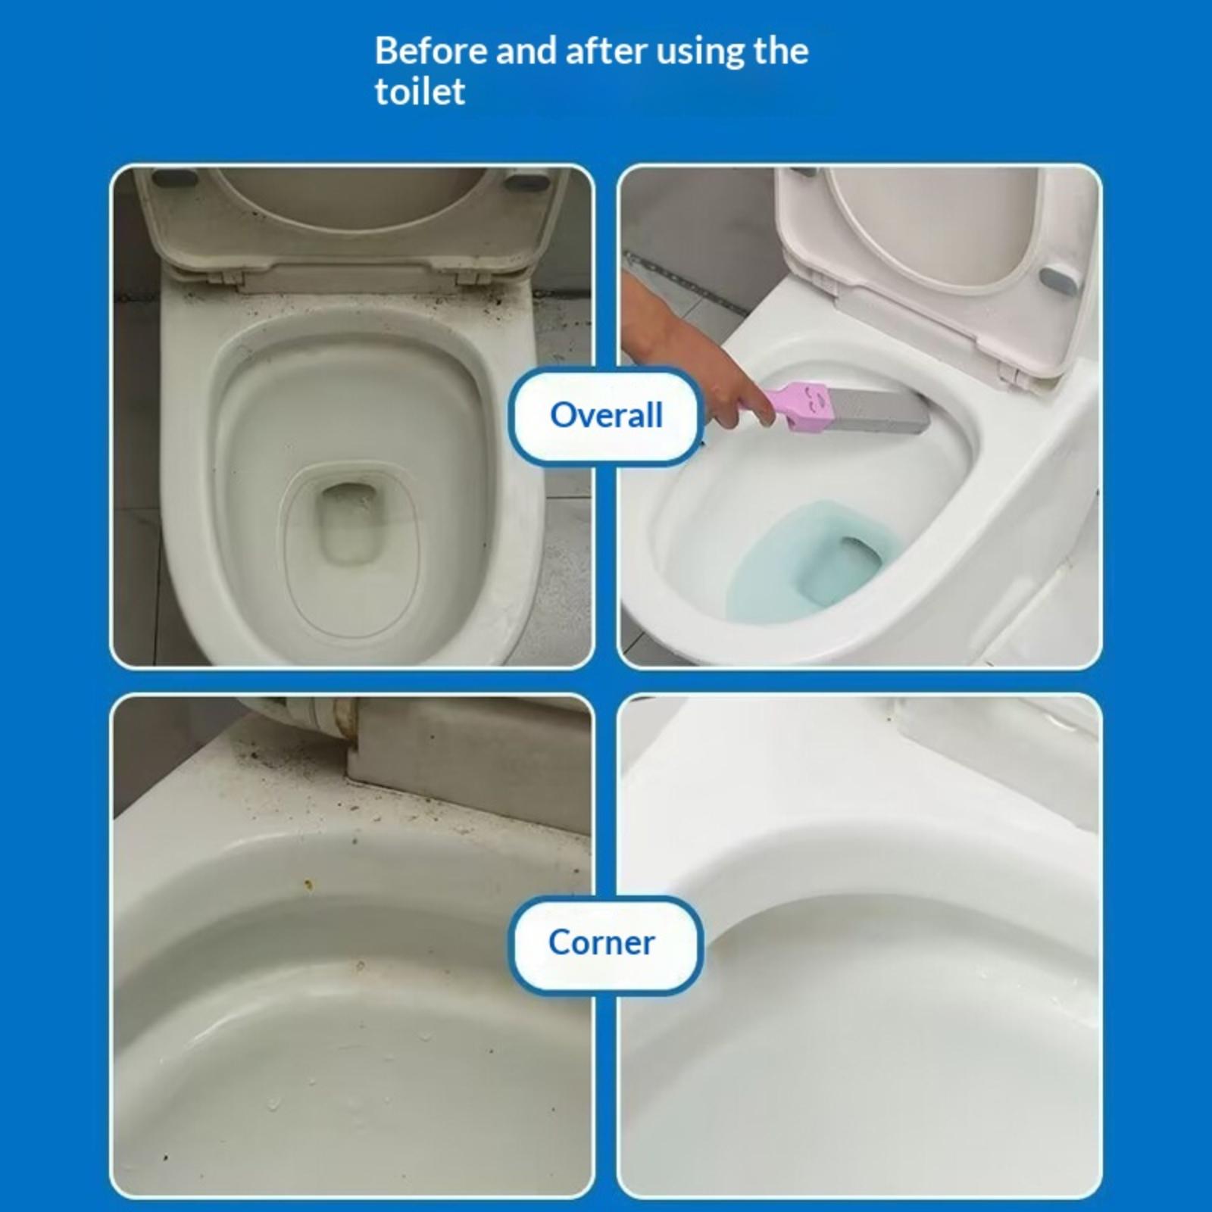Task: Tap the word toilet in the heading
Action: (420, 92)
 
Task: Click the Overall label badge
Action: (606, 415)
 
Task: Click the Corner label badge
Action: (604, 943)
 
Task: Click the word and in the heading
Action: (526, 52)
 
